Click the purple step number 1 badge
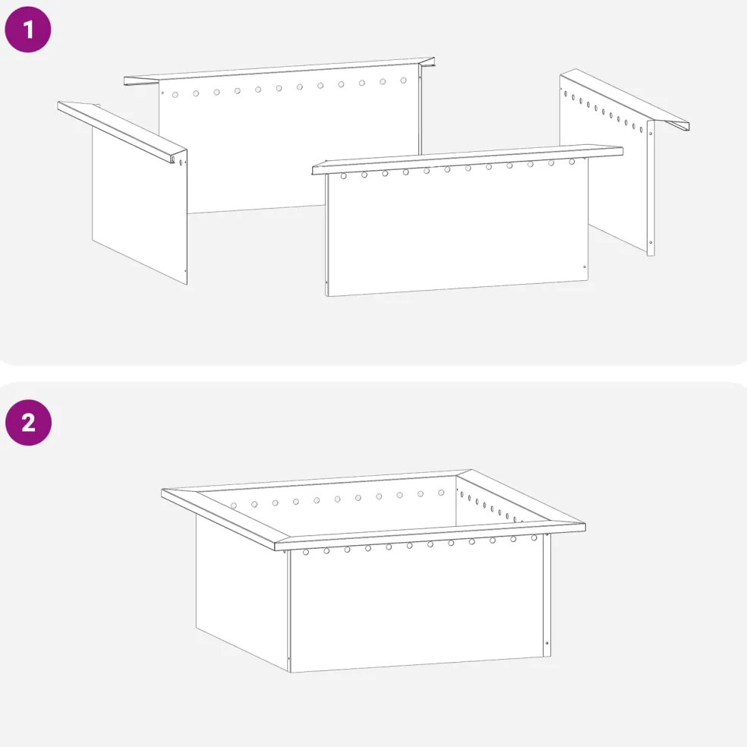tap(27, 29)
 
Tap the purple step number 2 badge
tap(29, 423)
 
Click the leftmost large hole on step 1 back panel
tap(175, 95)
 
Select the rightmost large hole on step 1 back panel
tap(404, 80)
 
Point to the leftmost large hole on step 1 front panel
tap(343, 176)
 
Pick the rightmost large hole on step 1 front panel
tap(572, 162)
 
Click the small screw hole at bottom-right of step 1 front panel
tap(585, 266)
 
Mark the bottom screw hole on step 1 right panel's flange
tap(651, 243)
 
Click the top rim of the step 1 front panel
tap(468, 159)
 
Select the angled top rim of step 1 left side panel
tap(122, 131)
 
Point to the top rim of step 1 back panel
tap(279, 71)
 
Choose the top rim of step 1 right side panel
tap(625, 99)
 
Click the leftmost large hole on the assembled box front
tap(306, 552)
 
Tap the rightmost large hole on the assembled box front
tap(534, 538)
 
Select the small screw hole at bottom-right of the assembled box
tap(547, 643)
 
